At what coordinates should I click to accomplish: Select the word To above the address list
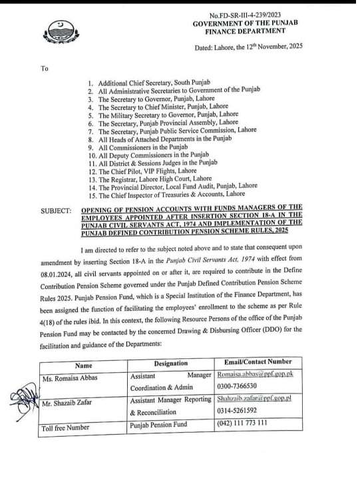click(45, 68)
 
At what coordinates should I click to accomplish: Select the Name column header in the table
click(85, 365)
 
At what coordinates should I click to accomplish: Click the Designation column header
click(171, 364)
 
